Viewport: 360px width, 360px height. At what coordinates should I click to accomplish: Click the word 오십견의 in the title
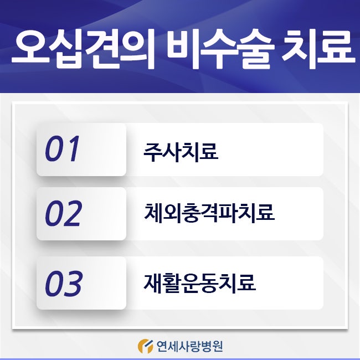(x=83, y=50)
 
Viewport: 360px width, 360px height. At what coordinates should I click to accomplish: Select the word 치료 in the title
(x=317, y=50)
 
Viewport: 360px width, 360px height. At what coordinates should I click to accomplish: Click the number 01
(x=62, y=148)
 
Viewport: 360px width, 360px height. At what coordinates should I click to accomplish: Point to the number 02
(x=63, y=213)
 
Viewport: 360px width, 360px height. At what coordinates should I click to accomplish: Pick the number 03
(x=63, y=283)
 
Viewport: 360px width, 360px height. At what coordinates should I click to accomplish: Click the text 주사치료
(x=181, y=152)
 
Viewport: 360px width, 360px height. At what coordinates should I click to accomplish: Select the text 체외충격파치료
(x=209, y=213)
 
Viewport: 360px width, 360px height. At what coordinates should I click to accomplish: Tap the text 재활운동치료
(x=199, y=283)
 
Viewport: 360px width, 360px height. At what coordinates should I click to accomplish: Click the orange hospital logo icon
(x=145, y=346)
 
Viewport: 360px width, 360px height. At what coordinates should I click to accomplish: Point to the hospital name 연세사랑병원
(x=189, y=346)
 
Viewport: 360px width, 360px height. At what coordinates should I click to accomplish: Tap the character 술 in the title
(x=255, y=50)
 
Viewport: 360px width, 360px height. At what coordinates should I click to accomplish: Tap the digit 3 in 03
(x=73, y=283)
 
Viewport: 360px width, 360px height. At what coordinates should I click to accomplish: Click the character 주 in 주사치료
(x=153, y=152)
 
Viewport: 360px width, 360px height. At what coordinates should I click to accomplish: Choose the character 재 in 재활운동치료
(x=153, y=283)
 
